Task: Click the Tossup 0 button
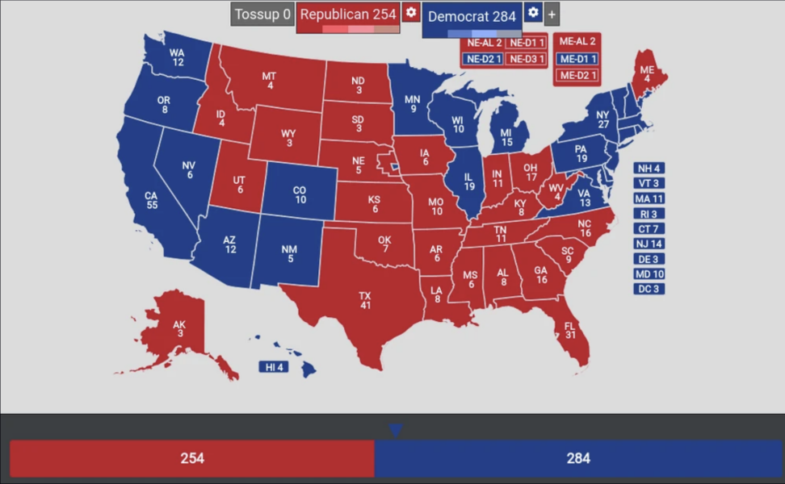coord(262,15)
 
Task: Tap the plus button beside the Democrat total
coord(552,15)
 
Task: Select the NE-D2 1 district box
coord(482,59)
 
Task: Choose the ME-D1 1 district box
coord(577,59)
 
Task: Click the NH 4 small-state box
coord(649,169)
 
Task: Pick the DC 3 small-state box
coord(649,289)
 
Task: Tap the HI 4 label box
coord(273,368)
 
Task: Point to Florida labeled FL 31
coord(570,331)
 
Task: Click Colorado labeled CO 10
coord(300,194)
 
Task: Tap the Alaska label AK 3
coord(179,328)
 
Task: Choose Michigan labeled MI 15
coord(506,137)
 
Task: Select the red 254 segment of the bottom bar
coord(192,458)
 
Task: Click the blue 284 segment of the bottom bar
coord(578,458)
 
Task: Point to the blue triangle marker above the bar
coord(395,431)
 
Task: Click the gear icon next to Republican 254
coord(411,13)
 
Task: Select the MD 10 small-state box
coord(649,274)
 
